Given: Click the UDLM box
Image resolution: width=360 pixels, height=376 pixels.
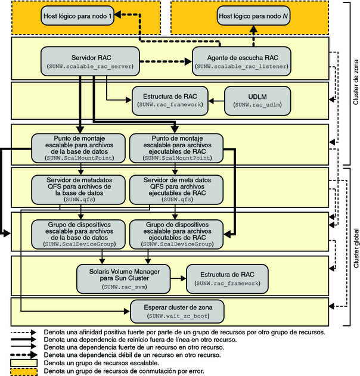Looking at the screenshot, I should click(x=258, y=99).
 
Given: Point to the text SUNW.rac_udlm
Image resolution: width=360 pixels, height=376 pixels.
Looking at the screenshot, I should click(x=258, y=104).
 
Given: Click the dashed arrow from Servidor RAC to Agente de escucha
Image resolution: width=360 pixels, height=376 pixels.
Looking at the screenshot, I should click(x=166, y=59).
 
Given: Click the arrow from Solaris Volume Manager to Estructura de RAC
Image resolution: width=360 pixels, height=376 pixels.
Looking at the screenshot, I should click(x=176, y=278).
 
